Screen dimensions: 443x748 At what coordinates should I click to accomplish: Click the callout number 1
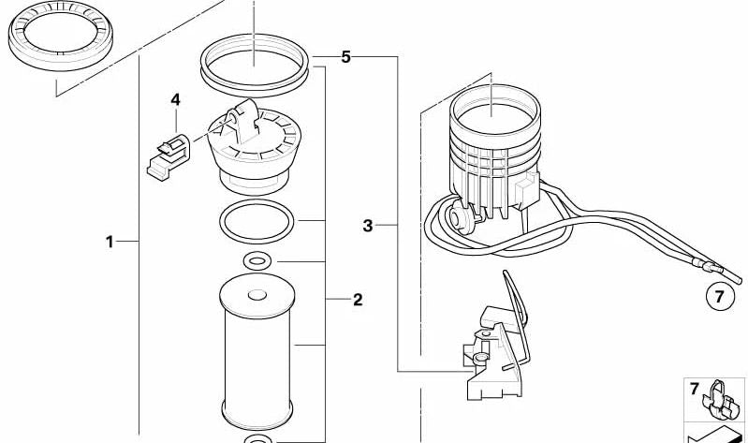[109, 242]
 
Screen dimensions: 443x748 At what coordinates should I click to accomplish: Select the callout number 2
[358, 300]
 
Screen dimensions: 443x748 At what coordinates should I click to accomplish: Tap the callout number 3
[368, 225]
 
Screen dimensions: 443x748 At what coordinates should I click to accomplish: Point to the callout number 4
[175, 99]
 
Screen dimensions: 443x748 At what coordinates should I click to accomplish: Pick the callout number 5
[345, 57]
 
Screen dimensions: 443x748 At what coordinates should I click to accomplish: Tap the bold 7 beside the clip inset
[695, 387]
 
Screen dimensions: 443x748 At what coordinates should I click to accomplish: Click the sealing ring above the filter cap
[254, 65]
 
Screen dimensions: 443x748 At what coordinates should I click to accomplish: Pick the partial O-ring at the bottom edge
[257, 438]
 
